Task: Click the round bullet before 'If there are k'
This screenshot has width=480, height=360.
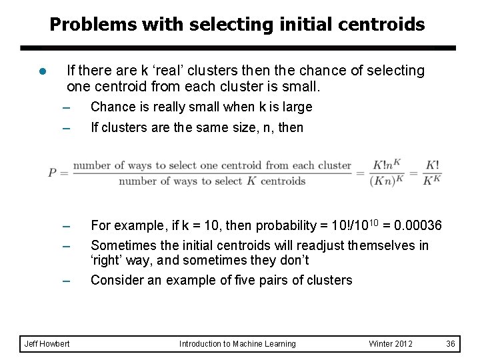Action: tap(42, 71)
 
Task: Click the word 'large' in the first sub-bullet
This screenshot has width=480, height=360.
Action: tap(297, 107)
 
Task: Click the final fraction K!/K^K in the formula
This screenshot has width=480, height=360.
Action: tap(431, 173)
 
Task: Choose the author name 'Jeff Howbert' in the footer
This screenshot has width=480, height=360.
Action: tap(46, 343)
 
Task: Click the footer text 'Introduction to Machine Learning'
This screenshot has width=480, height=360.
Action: tap(237, 343)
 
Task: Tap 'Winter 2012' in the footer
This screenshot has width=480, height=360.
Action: tap(391, 343)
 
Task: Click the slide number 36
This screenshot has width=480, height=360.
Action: tap(451, 343)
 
